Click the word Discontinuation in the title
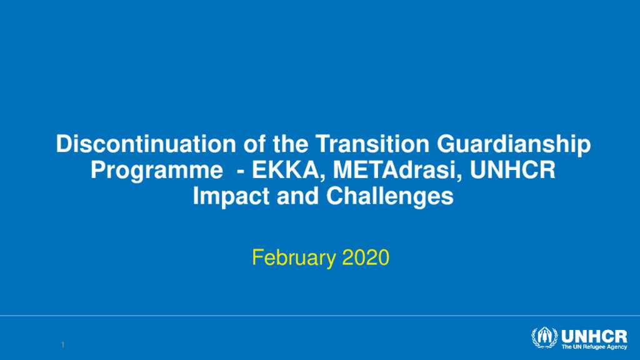[146, 144]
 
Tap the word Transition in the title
[372, 144]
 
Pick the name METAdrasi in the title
[398, 170]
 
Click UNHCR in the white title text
[512, 170]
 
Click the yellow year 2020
[366, 257]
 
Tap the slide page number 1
[63, 345]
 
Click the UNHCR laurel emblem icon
[544, 338]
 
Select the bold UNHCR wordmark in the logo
[594, 337]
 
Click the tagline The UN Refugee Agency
[594, 347]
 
